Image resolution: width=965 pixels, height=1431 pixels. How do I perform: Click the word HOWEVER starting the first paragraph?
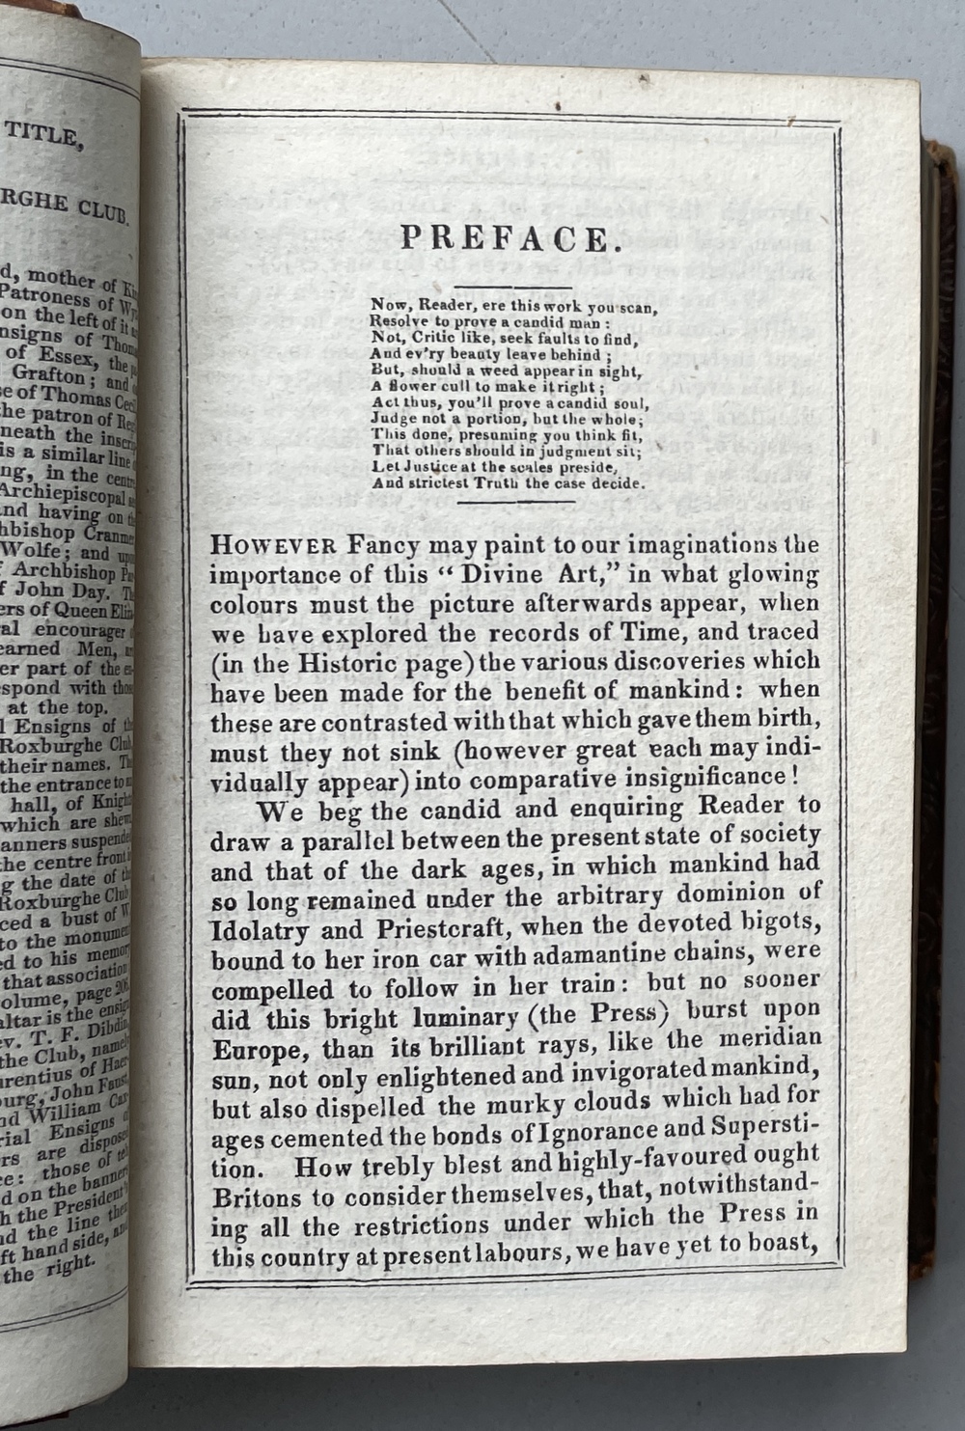click(x=273, y=545)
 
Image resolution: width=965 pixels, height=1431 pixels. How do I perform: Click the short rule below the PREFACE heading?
click(x=513, y=287)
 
